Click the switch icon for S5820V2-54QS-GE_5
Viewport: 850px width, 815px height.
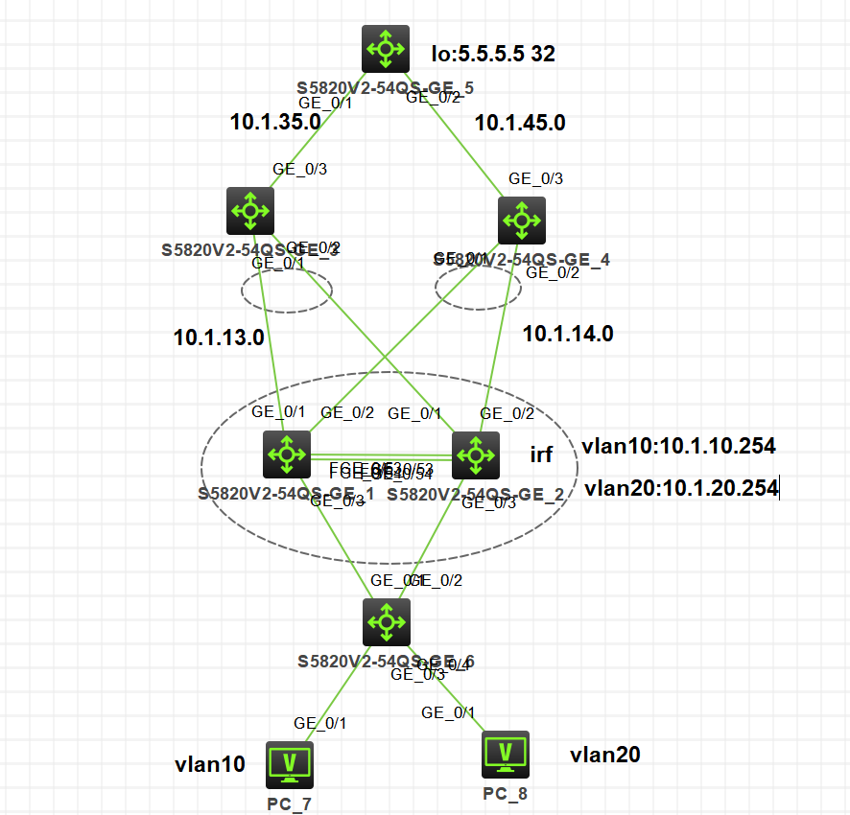pyautogui.click(x=386, y=48)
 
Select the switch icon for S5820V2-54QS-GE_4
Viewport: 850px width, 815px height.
pyautogui.click(x=522, y=221)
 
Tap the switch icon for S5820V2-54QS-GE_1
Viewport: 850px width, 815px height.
pyautogui.click(x=287, y=454)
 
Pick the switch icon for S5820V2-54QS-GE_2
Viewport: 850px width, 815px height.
pyautogui.click(x=475, y=454)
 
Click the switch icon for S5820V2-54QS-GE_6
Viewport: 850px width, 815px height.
pyautogui.click(x=386, y=622)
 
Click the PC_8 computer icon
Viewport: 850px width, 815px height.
pyautogui.click(x=506, y=754)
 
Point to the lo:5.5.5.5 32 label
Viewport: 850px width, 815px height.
pyautogui.click(x=493, y=54)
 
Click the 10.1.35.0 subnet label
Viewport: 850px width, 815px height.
pyautogui.click(x=275, y=122)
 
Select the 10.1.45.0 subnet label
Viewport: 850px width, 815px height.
pyautogui.click(x=521, y=123)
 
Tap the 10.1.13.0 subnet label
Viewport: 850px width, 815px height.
pyautogui.click(x=219, y=337)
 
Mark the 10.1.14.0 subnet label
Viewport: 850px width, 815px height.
pyautogui.click(x=568, y=334)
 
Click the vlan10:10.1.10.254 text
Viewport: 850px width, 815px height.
pyautogui.click(x=678, y=446)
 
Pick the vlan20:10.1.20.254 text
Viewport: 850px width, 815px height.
pyautogui.click(x=680, y=488)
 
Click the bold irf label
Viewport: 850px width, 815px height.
pyautogui.click(x=541, y=454)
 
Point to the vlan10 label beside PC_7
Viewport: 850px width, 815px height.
pyautogui.click(x=209, y=764)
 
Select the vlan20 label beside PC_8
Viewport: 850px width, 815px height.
pyautogui.click(x=604, y=755)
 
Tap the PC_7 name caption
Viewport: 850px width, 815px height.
pyautogui.click(x=290, y=803)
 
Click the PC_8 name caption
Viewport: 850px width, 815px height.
pyautogui.click(x=506, y=793)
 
